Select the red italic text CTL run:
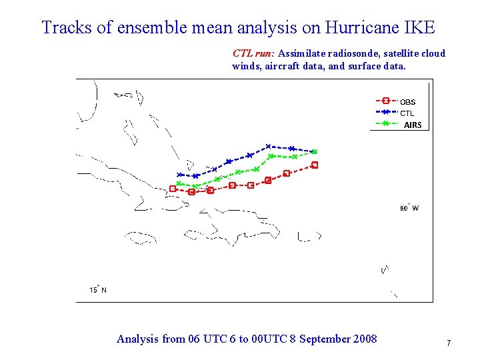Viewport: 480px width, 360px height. [254, 53]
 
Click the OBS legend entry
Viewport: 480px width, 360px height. [407, 102]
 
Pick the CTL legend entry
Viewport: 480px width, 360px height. [407, 113]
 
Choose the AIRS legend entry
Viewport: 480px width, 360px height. [412, 125]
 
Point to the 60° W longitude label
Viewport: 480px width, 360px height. [409, 208]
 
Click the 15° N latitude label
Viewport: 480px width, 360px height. [98, 289]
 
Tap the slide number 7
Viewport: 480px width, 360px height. [449, 343]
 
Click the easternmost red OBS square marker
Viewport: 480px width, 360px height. [315, 165]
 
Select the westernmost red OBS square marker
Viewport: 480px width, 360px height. [173, 189]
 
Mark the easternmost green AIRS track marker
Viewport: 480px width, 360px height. [315, 151]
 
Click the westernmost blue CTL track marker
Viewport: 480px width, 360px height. [179, 175]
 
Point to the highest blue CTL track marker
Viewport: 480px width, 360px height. [268, 146]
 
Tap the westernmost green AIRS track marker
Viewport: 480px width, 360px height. [179, 183]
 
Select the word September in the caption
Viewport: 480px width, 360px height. [323, 339]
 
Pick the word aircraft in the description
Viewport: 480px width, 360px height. [279, 66]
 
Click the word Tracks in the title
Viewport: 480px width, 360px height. [63, 27]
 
